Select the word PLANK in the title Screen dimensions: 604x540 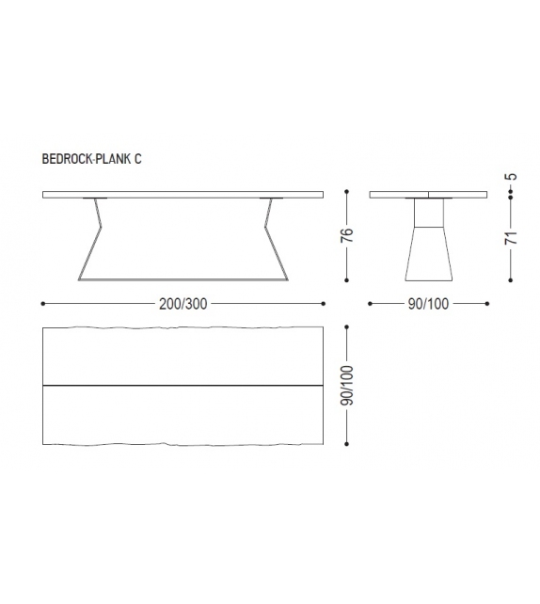coord(116,159)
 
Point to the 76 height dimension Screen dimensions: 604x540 coord(348,236)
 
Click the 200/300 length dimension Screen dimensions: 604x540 coord(183,304)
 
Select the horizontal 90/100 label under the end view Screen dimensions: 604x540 coord(428,304)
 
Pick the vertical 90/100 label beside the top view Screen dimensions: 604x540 coord(348,385)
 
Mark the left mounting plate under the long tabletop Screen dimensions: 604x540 coord(96,199)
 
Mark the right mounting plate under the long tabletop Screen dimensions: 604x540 coord(272,199)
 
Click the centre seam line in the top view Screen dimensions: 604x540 coord(183,385)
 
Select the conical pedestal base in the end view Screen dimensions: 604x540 coord(428,252)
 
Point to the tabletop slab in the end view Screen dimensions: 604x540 coord(428,195)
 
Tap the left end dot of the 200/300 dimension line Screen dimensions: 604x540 coord(44,304)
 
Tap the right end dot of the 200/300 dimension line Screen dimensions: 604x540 coord(324,304)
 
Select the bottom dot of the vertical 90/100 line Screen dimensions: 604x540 coord(348,442)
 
